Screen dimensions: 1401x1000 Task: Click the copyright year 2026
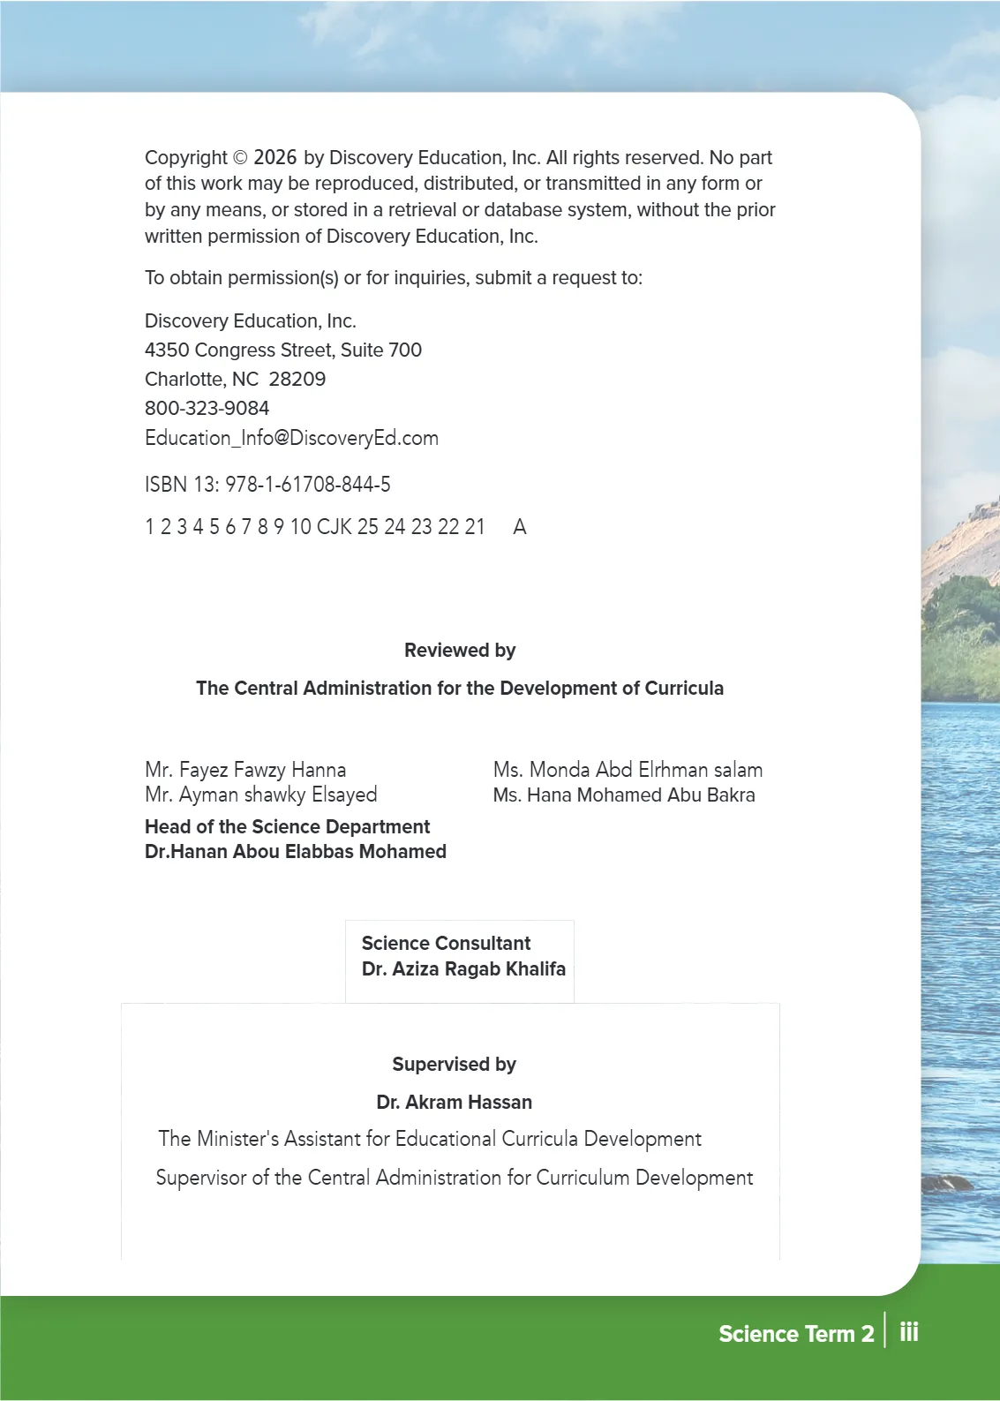(x=274, y=157)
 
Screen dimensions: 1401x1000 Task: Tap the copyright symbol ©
(x=240, y=158)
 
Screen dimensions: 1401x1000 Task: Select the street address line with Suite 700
(x=282, y=350)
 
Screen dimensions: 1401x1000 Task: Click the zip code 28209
(x=297, y=379)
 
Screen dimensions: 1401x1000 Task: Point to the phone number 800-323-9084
(x=207, y=408)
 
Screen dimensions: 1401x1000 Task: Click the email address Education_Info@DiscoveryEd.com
(x=291, y=438)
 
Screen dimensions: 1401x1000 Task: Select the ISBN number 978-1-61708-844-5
(x=307, y=484)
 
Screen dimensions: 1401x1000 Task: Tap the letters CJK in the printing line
(x=334, y=527)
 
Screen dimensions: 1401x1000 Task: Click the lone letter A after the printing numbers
(x=520, y=527)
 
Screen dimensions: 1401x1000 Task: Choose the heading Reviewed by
(x=459, y=651)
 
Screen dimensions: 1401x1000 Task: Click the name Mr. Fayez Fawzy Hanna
(x=244, y=770)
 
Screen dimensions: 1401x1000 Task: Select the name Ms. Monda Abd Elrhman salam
(x=627, y=770)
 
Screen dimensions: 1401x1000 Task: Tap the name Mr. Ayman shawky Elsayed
(x=260, y=795)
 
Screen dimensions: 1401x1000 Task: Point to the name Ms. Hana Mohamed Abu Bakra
(x=623, y=795)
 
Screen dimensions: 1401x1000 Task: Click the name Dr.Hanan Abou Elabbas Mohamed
(x=295, y=852)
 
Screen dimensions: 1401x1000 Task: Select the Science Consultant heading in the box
(x=446, y=943)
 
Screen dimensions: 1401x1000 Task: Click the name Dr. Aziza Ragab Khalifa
(x=462, y=968)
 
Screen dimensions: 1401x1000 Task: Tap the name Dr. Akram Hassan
(x=454, y=1102)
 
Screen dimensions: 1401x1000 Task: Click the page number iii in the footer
(x=909, y=1332)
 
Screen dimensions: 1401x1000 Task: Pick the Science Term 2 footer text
(x=795, y=1334)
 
